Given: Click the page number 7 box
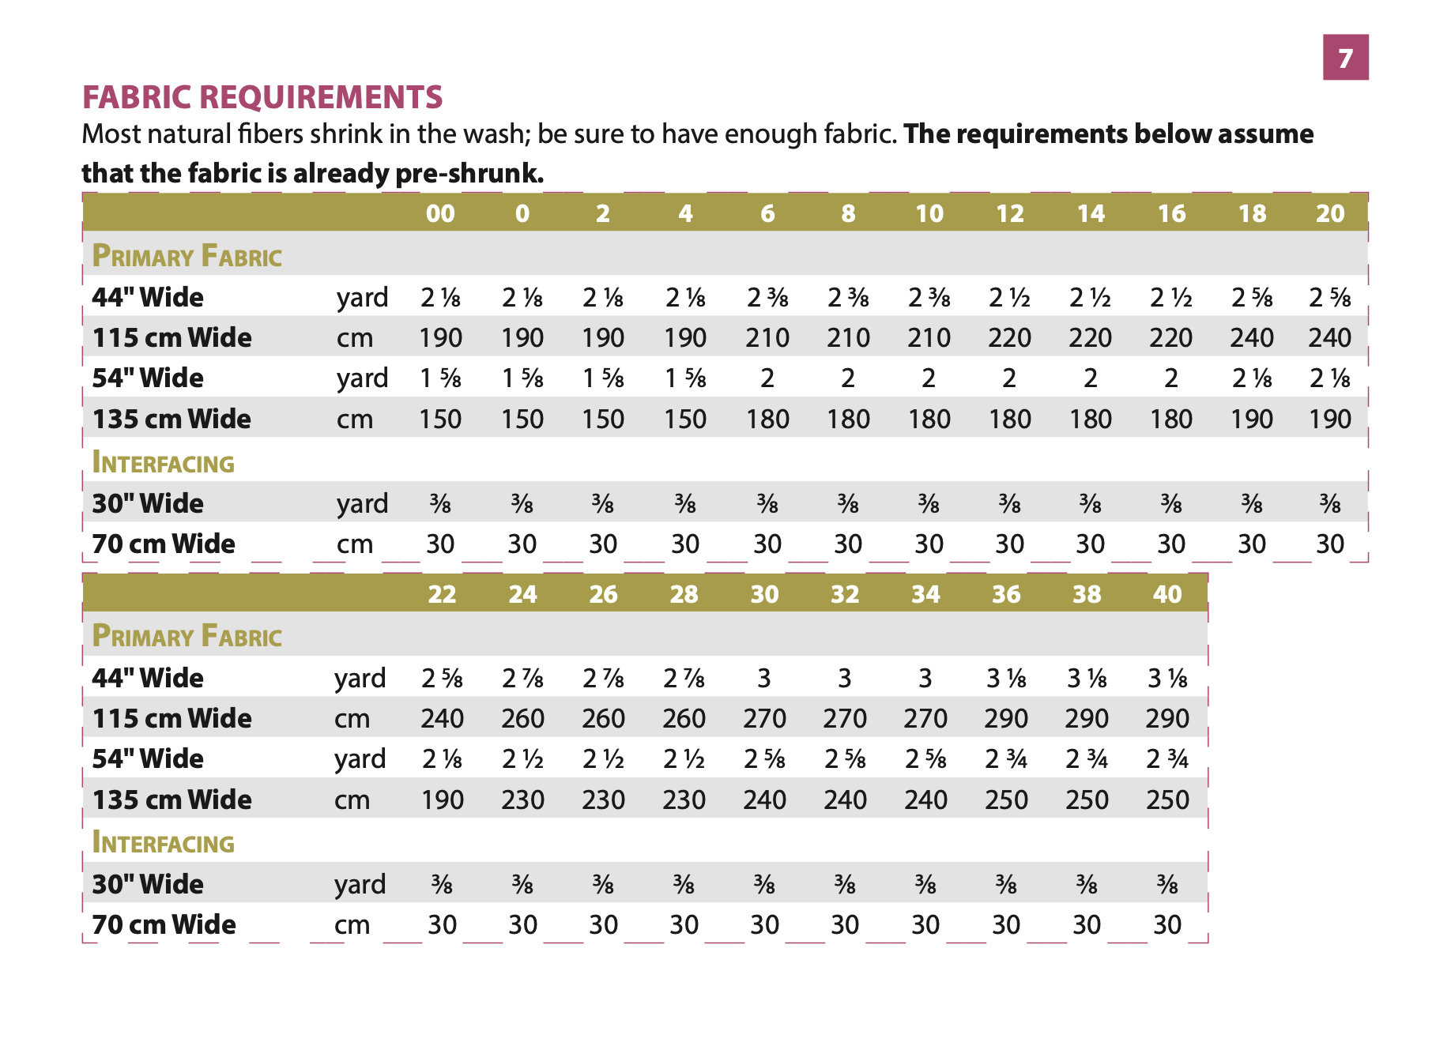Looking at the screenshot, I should (x=1345, y=58).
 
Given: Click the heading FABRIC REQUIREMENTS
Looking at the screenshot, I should (x=262, y=97).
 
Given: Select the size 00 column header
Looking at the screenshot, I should (x=440, y=213).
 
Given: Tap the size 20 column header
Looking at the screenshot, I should (x=1329, y=213).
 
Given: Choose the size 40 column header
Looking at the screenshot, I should (x=1166, y=594).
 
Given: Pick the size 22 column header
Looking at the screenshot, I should (x=442, y=594).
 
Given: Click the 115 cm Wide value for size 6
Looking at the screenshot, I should (x=767, y=338).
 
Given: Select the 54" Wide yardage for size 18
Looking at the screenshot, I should (x=1252, y=378).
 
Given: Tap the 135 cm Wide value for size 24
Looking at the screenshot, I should (x=522, y=800).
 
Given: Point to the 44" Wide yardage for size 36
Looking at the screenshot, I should (x=1006, y=678).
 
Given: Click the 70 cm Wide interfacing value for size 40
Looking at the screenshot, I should (x=1166, y=924).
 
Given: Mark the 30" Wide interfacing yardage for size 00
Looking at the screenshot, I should (x=440, y=503).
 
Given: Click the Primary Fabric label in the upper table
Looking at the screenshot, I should (x=187, y=256).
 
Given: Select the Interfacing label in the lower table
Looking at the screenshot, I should (x=164, y=843).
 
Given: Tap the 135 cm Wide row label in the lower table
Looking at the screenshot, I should (x=172, y=800).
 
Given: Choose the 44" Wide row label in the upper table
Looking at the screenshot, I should (x=148, y=297).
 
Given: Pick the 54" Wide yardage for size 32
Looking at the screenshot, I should (x=845, y=759).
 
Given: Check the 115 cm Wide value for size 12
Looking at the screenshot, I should (x=1009, y=338).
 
